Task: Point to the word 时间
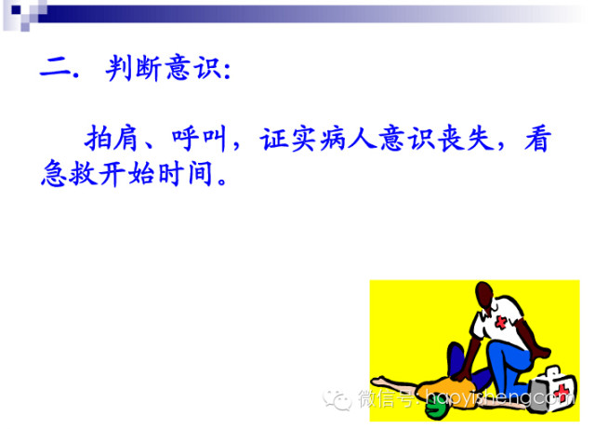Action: [x=187, y=174]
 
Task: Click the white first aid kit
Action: [x=550, y=381]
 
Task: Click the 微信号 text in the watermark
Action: [x=382, y=399]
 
